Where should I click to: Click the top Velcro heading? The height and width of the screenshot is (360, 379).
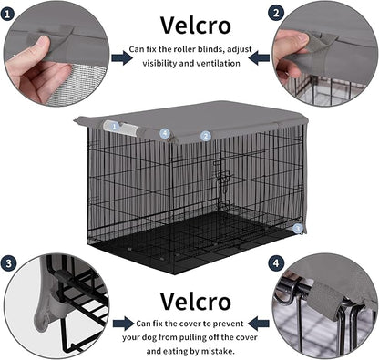189,24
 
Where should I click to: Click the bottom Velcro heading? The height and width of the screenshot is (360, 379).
189,300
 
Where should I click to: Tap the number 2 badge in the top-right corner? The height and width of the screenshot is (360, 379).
275,13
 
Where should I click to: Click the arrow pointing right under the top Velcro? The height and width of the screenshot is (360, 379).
121,57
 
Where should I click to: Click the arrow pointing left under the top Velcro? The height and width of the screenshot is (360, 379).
258,57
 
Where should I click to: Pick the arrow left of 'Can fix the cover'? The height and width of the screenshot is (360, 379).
121,323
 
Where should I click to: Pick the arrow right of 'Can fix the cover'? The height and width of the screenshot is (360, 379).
258,323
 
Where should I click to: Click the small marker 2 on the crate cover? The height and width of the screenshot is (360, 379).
206,135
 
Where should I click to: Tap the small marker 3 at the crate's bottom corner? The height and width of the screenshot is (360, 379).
297,229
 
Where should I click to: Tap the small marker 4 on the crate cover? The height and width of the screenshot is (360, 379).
165,132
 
